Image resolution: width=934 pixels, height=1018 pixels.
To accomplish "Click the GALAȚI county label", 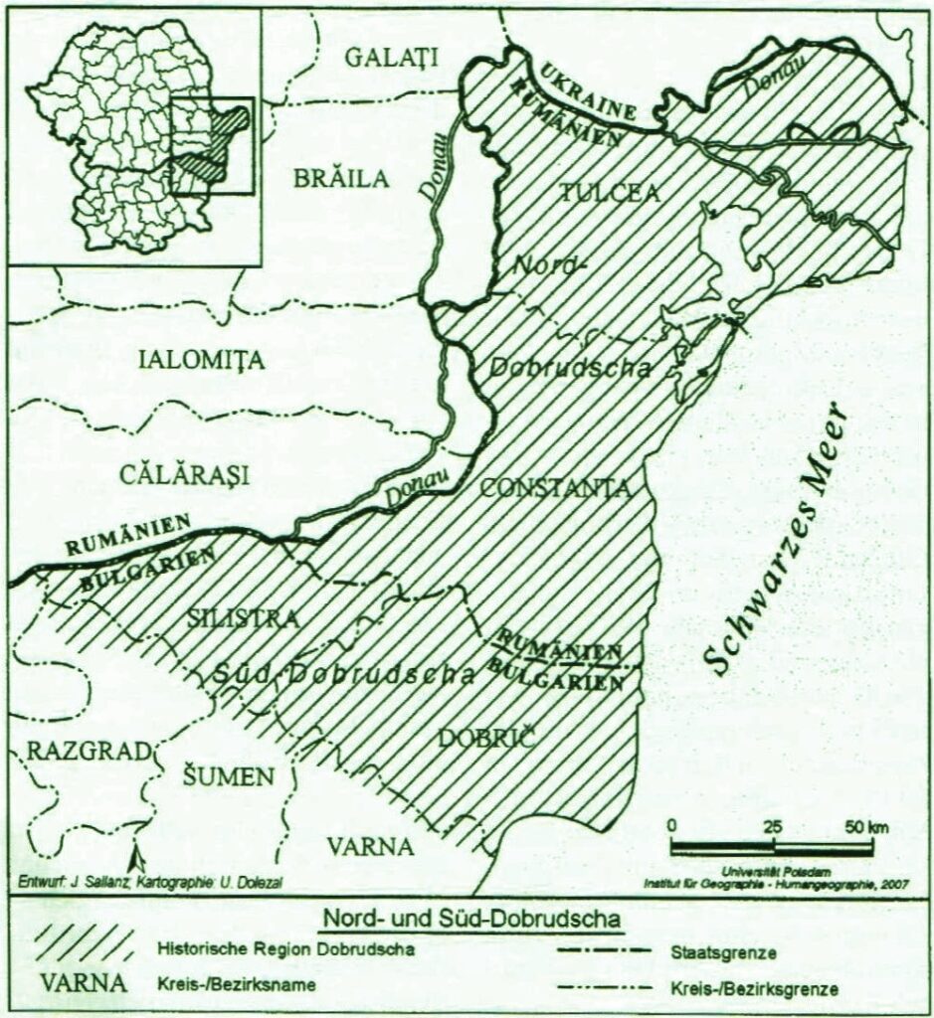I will click(x=391, y=59).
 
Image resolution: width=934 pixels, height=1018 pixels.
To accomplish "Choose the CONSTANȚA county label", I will click(x=554, y=488).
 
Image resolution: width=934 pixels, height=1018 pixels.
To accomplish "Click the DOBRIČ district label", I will click(x=486, y=739).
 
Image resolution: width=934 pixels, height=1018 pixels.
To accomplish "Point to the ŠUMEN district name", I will click(x=228, y=776).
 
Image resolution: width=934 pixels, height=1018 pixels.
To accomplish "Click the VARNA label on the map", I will click(x=370, y=848).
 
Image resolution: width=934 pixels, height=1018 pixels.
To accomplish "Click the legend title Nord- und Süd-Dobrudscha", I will click(x=467, y=918).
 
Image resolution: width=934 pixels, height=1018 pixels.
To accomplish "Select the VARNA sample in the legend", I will click(x=85, y=983).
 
